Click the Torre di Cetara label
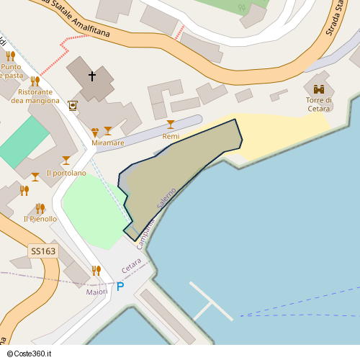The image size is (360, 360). pos(318,104)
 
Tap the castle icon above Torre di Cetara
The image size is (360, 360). pos(318,90)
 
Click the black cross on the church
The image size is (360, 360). pos(92,75)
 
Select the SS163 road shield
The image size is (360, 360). pos(42,251)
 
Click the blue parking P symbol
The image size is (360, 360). pos(120,287)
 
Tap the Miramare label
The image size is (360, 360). pos(108,143)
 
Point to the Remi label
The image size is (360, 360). pos(171,136)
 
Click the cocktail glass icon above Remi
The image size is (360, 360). pos(171,125)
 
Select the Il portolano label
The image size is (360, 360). pos(66,173)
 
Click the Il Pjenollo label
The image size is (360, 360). pos(40,219)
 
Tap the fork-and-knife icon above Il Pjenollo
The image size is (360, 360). pos(40,208)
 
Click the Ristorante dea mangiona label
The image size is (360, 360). pos(35,96)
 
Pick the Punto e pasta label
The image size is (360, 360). pos(10,71)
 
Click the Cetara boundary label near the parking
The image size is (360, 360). pos(131,265)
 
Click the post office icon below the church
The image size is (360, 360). pos(73,106)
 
